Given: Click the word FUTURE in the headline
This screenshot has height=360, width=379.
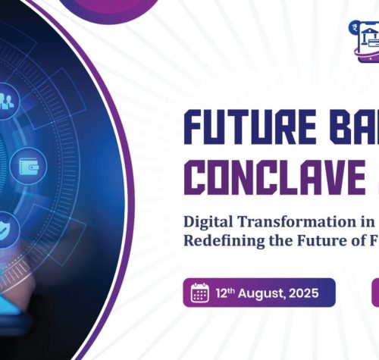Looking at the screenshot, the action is coord(250,127).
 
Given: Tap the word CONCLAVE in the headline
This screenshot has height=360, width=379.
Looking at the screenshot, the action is coord(275,177).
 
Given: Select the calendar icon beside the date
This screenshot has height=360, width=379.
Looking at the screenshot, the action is coord(199,293).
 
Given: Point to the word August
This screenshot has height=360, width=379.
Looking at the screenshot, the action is coord(262,294).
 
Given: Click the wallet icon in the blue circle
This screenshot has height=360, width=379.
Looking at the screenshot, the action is coord(29,166).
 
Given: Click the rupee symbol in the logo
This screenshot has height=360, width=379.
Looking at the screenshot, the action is coord(356,27).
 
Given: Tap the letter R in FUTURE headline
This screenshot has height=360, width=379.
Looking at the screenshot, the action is coord(281,127).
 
